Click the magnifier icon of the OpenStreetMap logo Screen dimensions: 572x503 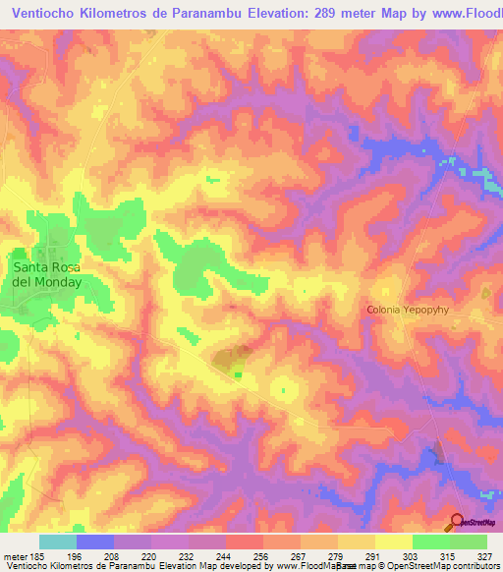coord(456,522)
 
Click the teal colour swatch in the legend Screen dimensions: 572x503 coord(58,542)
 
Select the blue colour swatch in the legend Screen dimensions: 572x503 coord(95,542)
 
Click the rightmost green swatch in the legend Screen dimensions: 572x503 coord(469,542)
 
